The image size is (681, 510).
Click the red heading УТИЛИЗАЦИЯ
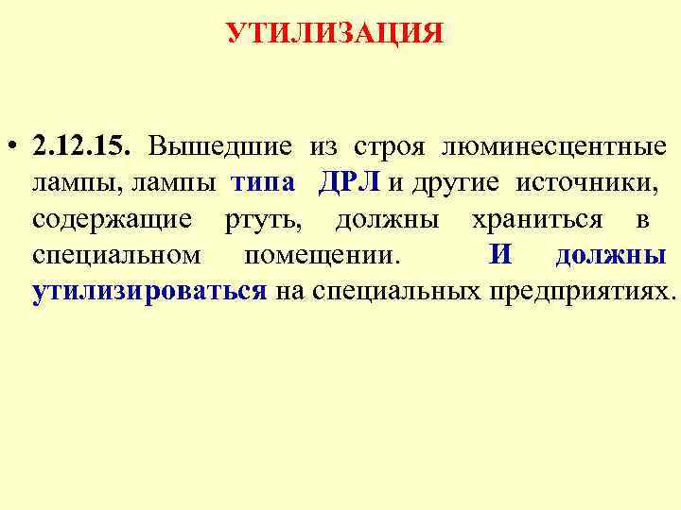click(335, 34)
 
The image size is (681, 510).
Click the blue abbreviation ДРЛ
click(350, 183)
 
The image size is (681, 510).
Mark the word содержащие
click(112, 219)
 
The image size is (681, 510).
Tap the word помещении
click(322, 255)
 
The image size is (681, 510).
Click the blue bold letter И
click(501, 255)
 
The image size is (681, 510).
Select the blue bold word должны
click(610, 255)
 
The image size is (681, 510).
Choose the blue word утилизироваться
click(148, 291)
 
